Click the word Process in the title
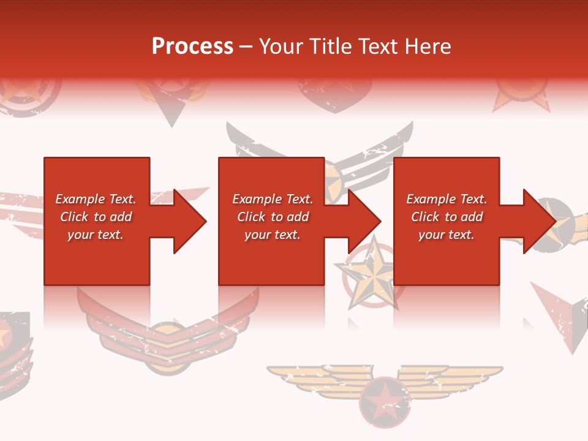click(192, 47)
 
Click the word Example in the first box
click(80, 199)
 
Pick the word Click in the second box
click(251, 217)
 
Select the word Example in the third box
click(431, 199)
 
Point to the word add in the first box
click(121, 217)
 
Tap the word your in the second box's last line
click(258, 235)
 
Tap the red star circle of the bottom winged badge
click(384, 401)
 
